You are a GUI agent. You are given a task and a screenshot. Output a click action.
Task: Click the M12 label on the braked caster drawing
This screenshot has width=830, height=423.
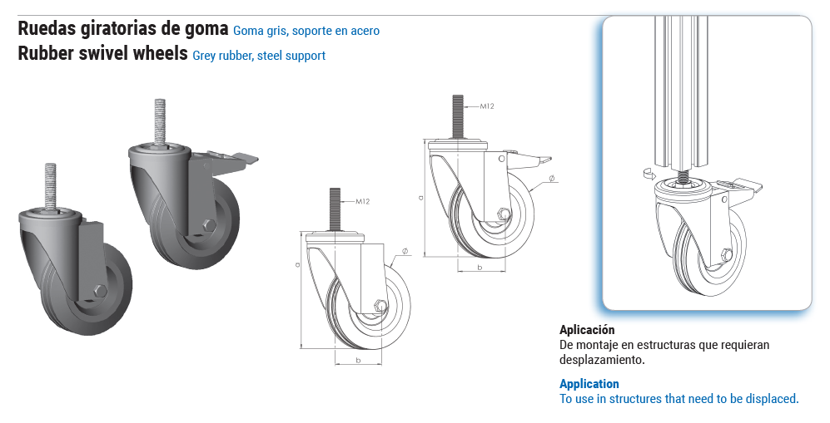point(487,106)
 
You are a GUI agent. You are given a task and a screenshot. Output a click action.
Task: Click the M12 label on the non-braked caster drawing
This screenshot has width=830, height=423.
point(363,201)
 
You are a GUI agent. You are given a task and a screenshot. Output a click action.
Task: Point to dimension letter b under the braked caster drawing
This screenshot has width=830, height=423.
point(480,268)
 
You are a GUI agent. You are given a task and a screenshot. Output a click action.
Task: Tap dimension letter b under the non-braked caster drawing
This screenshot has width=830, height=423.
point(358,361)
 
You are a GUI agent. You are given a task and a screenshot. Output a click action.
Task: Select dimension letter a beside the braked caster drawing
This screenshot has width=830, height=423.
point(420,198)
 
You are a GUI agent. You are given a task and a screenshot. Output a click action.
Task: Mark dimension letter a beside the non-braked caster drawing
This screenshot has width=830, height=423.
point(297,264)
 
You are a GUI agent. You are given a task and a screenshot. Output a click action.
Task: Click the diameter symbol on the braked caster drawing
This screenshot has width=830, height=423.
point(551,179)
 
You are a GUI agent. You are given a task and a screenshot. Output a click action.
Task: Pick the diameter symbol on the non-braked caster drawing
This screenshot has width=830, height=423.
point(405,251)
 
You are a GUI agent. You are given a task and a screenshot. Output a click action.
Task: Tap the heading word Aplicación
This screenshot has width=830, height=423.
point(587,330)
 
